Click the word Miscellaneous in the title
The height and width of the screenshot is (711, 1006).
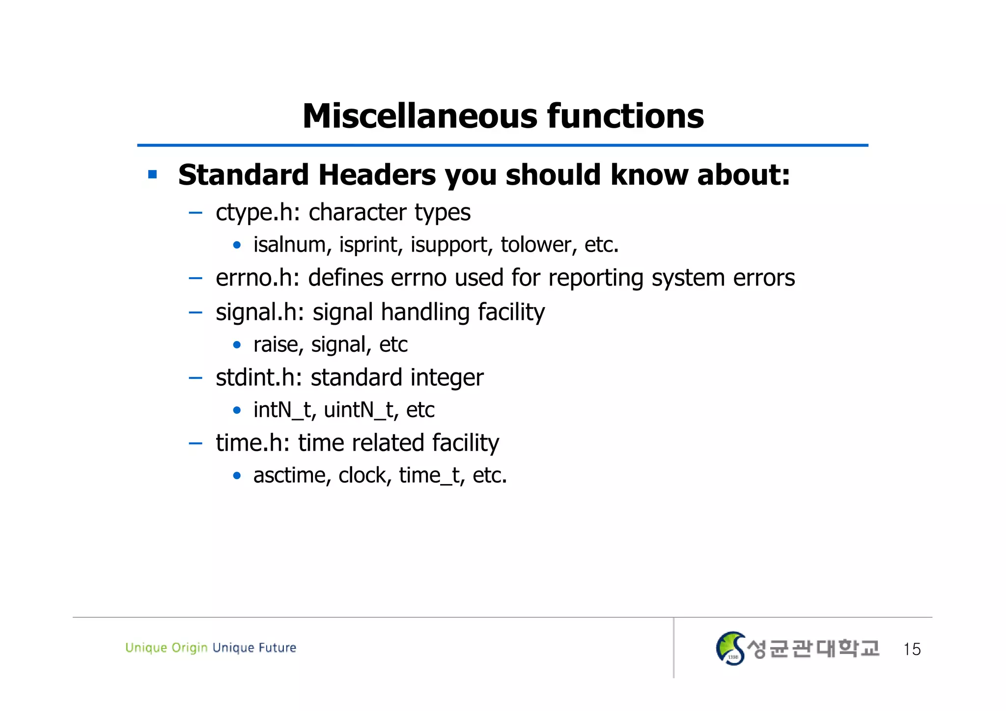[420, 116]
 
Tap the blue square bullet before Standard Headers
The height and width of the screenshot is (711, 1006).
[153, 174]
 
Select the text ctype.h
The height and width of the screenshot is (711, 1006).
[257, 213]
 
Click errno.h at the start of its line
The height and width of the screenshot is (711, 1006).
[257, 278]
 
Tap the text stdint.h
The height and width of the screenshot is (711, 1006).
[258, 377]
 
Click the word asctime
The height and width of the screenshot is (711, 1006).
[292, 475]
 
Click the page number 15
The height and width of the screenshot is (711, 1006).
[912, 649]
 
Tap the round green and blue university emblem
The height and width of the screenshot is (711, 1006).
[730, 649]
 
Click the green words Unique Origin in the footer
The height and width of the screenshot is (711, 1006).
[166, 648]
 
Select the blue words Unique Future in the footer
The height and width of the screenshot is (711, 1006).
[254, 648]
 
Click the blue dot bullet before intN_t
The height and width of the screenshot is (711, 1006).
[237, 410]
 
